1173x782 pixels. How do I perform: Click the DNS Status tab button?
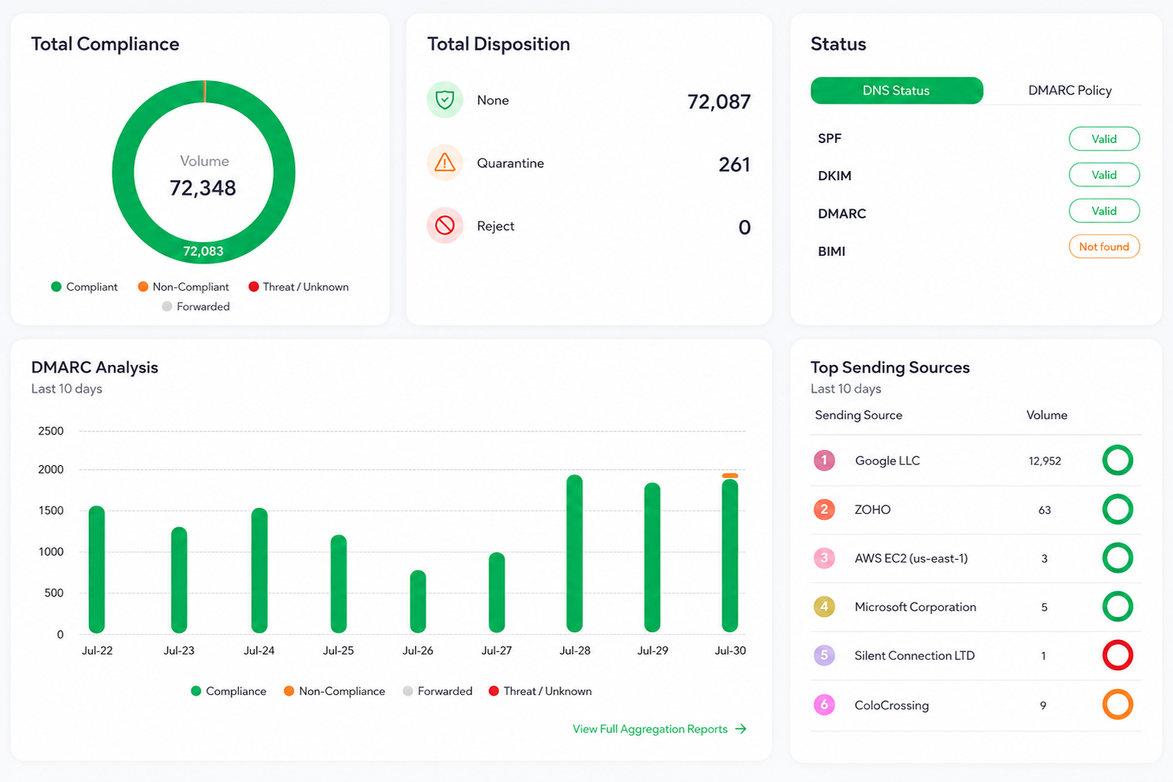click(x=896, y=91)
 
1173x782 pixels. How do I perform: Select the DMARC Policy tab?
click(x=1069, y=91)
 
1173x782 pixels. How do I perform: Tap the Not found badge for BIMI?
click(x=1104, y=247)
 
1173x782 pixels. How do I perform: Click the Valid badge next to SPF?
click(x=1104, y=139)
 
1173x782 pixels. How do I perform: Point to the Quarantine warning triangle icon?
click(x=445, y=163)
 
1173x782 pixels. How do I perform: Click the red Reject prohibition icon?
click(x=445, y=225)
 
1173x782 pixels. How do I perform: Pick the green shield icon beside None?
click(x=445, y=99)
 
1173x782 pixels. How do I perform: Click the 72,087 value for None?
click(x=718, y=102)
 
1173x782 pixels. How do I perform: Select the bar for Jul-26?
click(x=418, y=602)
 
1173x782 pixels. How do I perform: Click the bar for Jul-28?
click(x=575, y=553)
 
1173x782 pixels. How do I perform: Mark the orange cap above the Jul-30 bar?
click(x=730, y=475)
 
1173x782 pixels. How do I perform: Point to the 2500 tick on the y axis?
click(x=50, y=431)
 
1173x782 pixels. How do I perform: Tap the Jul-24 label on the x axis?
click(x=259, y=651)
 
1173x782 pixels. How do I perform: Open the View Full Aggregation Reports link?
click(x=659, y=729)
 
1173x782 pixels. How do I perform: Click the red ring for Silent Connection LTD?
click(x=1117, y=655)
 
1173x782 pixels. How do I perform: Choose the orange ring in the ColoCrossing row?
click(x=1117, y=705)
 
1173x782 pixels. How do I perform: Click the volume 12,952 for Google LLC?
click(x=1045, y=461)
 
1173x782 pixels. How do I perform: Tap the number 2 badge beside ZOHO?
click(x=825, y=509)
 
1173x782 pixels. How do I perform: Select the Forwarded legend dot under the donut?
click(x=167, y=306)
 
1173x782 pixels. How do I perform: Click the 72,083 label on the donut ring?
click(x=203, y=251)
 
